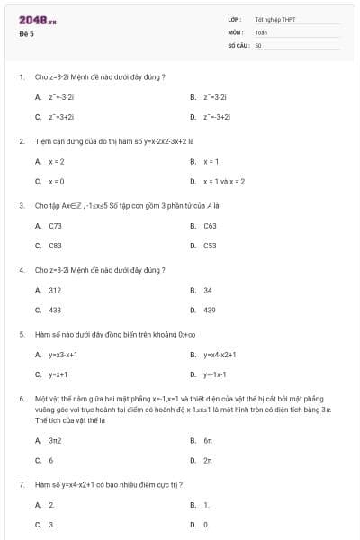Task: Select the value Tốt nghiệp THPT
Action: tap(275, 19)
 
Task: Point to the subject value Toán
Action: tap(261, 31)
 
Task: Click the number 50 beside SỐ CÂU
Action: tap(257, 44)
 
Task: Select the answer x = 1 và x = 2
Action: tap(224, 181)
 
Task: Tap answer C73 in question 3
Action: tap(55, 225)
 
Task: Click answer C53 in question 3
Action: tap(210, 245)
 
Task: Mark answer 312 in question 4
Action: tap(55, 290)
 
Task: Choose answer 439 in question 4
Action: tap(210, 310)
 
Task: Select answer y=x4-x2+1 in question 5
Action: tap(220, 354)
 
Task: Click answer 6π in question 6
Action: tap(208, 440)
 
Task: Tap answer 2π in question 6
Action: tap(208, 460)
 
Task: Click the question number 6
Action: tap(21, 397)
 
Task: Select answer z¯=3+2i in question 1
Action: tap(61, 117)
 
